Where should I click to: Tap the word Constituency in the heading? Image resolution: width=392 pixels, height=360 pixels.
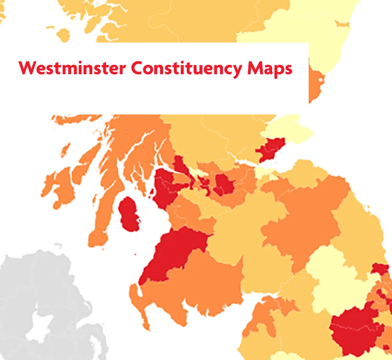click(186, 68)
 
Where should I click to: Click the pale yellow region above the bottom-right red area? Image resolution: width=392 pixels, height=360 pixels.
click(331, 279)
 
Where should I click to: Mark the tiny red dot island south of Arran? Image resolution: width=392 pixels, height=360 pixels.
click(136, 255)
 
